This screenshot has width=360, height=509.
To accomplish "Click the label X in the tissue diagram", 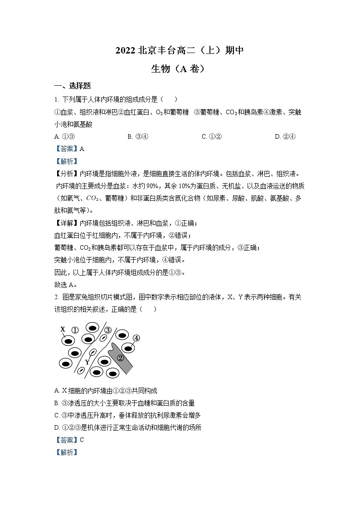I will [x=63, y=329].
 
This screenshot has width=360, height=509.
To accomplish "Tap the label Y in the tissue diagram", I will [x=87, y=362].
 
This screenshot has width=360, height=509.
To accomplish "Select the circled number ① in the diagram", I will [x=75, y=330].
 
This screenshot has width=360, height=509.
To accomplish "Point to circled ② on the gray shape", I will [x=121, y=357].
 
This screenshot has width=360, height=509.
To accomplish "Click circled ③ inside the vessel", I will [x=107, y=330].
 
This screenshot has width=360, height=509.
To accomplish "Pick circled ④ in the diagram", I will [x=136, y=338].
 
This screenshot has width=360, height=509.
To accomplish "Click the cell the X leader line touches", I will [x=68, y=340].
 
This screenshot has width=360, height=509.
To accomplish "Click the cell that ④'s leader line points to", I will [x=128, y=348].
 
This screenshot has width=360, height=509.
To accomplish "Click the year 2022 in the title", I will [x=125, y=51].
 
